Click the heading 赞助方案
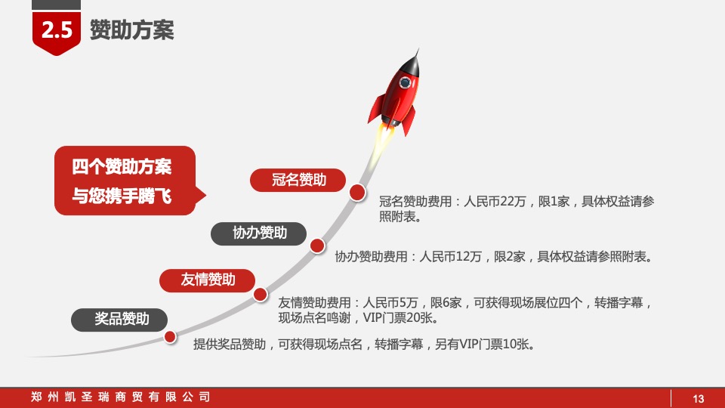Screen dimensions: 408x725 pyautogui.click(x=131, y=30)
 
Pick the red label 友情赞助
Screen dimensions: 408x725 pyautogui.click(x=208, y=280)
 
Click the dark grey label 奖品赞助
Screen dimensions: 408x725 pyautogui.click(x=122, y=319)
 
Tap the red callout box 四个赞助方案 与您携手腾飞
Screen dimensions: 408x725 pyautogui.click(x=125, y=181)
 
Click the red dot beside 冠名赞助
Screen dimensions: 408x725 pyautogui.click(x=357, y=193)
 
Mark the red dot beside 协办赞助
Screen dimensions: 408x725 pyautogui.click(x=317, y=245)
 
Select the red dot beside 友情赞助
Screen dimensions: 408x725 pyautogui.click(x=261, y=294)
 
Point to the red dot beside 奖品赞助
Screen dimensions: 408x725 pyautogui.click(x=171, y=336)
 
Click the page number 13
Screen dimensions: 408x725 pyautogui.click(x=698, y=399)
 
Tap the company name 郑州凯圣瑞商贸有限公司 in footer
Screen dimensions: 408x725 pyautogui.click(x=121, y=397)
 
